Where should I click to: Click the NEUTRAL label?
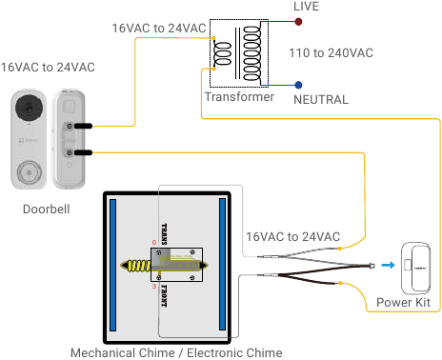pos(320,99)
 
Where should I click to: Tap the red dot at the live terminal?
pos(298,18)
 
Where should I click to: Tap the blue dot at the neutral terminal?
pos(299,85)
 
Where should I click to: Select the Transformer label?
pos(239,97)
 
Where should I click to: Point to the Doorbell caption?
pos(48,209)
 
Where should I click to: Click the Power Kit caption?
pos(404,303)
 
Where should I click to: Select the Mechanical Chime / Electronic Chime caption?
pos(175,352)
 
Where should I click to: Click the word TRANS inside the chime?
pos(164,232)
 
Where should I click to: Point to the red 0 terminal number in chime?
pos(153,243)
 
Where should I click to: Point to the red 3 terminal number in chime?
pos(153,285)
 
